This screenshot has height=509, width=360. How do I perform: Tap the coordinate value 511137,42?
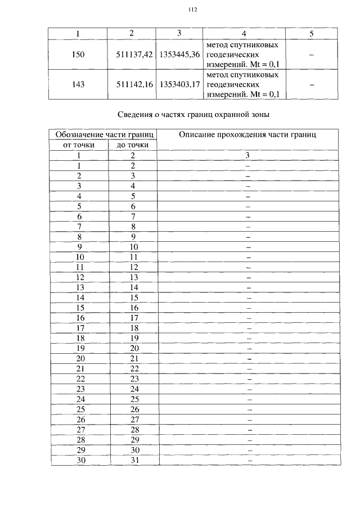131,55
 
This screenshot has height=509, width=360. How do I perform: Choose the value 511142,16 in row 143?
131,85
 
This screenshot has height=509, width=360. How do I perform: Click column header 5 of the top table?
311,34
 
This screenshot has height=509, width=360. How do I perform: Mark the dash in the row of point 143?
311,85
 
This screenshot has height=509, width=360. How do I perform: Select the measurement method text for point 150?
242,55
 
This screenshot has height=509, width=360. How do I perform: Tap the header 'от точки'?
79,145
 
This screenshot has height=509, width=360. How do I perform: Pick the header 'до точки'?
133,145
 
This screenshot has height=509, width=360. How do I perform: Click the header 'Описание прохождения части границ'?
247,134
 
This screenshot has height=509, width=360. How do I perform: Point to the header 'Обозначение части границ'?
104,134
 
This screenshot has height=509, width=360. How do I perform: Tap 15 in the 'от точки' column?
80,308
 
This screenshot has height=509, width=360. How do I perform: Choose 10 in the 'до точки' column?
133,247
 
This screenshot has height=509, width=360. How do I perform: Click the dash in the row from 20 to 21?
248,358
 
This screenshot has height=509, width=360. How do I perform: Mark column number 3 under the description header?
248,155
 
